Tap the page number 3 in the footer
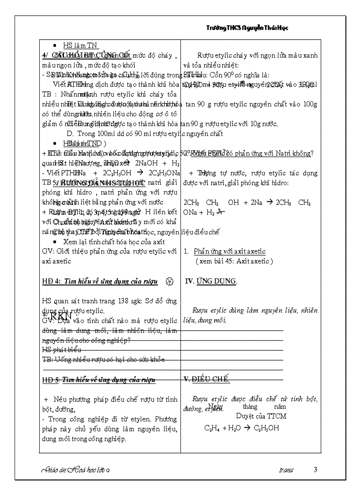point(315,469)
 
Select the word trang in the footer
point(286,470)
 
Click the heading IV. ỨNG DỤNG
point(210,281)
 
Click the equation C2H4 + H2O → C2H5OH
point(242,428)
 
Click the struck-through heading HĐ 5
point(98,380)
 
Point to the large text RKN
point(60,316)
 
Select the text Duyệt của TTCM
point(261,416)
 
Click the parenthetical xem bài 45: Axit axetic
point(234,261)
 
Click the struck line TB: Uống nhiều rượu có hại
point(104,359)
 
